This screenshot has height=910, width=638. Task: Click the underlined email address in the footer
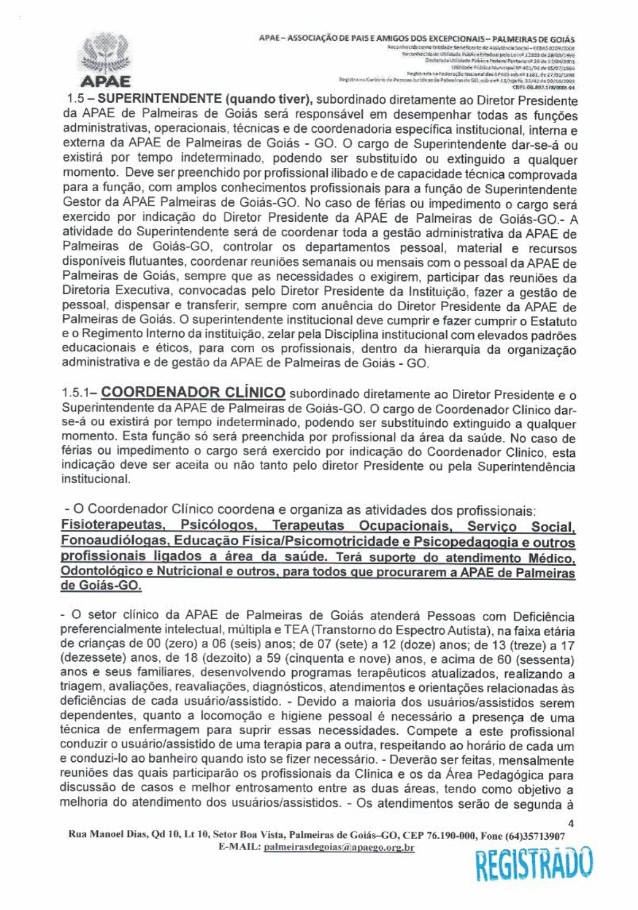[x=338, y=848]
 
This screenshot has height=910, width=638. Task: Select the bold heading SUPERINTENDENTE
[x=159, y=99]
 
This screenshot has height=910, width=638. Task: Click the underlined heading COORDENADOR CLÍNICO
[x=193, y=393]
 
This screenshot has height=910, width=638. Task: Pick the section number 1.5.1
[x=78, y=393]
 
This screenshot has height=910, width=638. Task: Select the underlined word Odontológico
[x=102, y=572]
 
